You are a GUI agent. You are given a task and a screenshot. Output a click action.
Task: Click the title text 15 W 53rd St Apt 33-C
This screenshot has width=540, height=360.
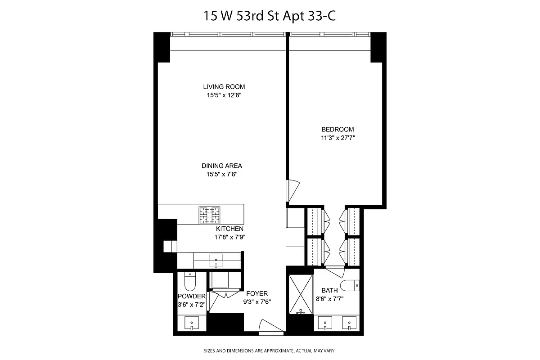[270, 17]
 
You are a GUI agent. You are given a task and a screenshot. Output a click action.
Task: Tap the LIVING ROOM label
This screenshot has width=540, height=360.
[224, 87]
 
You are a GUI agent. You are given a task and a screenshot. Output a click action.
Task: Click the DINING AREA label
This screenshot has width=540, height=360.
[222, 166]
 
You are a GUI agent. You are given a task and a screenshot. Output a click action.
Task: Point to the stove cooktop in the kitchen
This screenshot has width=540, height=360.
[210, 215]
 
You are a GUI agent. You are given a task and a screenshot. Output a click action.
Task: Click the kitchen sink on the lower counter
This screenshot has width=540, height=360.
[216, 259]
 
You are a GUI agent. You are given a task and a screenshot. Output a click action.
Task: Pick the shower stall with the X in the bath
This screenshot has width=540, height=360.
[300, 294]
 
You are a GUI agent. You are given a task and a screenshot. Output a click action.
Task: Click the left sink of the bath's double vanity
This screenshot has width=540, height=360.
[324, 323]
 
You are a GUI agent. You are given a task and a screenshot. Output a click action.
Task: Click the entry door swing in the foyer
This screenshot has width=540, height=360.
[271, 327]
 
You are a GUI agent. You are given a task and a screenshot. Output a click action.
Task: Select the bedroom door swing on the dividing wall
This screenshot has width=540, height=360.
[292, 190]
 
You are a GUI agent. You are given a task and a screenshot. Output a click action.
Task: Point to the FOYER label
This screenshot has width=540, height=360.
[257, 294]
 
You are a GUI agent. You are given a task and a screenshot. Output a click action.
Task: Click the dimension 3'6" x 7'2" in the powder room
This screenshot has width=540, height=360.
[192, 304]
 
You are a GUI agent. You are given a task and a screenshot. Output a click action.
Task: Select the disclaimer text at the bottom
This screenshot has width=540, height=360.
[270, 350]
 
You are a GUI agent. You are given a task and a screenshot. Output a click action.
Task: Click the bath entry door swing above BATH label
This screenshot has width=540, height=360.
[334, 271]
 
